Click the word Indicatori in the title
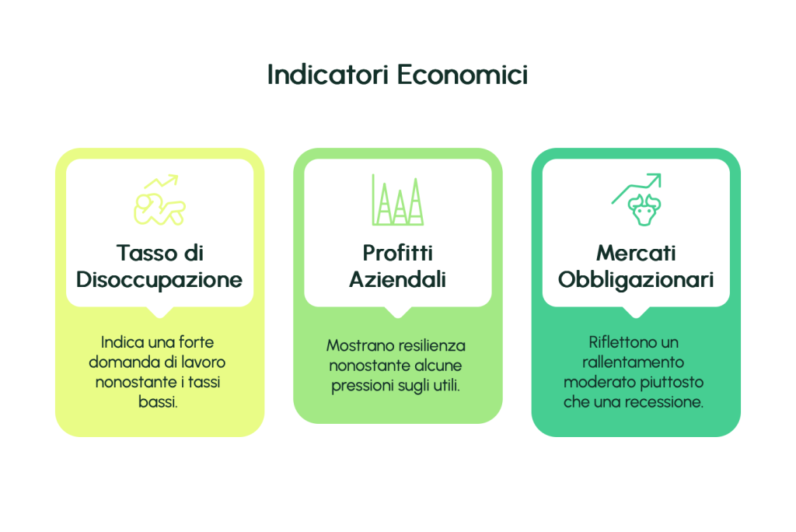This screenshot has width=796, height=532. click(328, 75)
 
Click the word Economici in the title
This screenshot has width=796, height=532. click(463, 75)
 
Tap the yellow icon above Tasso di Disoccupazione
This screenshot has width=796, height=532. click(160, 199)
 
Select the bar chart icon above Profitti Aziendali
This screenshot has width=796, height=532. click(397, 200)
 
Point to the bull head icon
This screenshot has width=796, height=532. click(644, 209)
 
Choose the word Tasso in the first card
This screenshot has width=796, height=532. click(145, 253)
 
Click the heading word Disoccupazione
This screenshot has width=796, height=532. click(159, 280)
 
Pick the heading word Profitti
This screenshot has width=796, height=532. click(397, 253)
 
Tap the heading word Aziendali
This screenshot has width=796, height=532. click(397, 279)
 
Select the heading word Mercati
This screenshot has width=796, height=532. click(636, 253)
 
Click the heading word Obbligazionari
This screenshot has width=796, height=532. click(636, 280)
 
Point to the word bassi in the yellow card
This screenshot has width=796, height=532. click(157, 402)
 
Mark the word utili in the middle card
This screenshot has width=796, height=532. click(446, 386)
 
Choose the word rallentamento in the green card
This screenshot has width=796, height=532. click(633, 362)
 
